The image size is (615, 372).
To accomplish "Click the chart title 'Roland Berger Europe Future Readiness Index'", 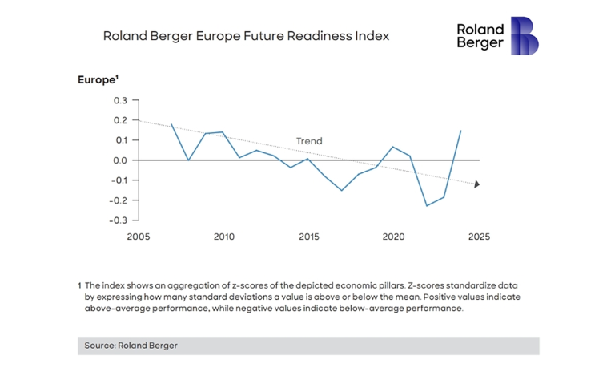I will [x=247, y=37].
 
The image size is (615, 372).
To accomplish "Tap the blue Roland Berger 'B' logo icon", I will [x=525, y=36].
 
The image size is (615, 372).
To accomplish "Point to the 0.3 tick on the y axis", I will [x=120, y=101].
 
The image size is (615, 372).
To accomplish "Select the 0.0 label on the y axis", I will [x=120, y=160].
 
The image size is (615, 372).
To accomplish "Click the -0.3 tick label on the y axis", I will [x=118, y=220].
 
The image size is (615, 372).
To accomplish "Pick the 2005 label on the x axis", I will [x=139, y=237].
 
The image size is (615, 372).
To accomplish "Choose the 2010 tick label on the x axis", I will [x=223, y=237].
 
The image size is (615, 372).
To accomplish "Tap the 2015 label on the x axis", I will [x=308, y=237].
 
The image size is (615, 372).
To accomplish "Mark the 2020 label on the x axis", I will [x=393, y=237].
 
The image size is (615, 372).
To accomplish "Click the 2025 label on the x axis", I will [x=478, y=237].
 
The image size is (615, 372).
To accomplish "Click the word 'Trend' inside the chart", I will [x=309, y=141].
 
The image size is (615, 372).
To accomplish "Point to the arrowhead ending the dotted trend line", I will [x=476, y=184].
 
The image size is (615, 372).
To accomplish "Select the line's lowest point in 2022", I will [x=427, y=206].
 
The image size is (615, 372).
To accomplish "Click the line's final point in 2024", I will [x=461, y=130].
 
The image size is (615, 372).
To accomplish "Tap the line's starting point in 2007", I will [x=171, y=124].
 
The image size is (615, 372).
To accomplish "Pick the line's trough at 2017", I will [x=342, y=191].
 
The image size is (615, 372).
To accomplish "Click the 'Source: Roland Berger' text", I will [x=131, y=346].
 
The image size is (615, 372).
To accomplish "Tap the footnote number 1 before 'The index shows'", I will [x=80, y=285].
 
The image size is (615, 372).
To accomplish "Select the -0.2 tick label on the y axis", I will [x=118, y=200].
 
